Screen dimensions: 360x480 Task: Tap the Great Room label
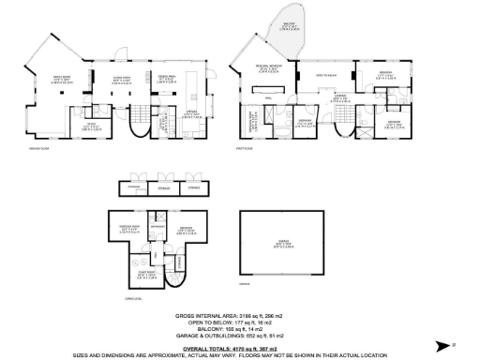pyautogui.click(x=63, y=79)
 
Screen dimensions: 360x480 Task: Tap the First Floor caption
pyautogui.click(x=247, y=148)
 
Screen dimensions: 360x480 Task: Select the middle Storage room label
pyautogui.click(x=164, y=188)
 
